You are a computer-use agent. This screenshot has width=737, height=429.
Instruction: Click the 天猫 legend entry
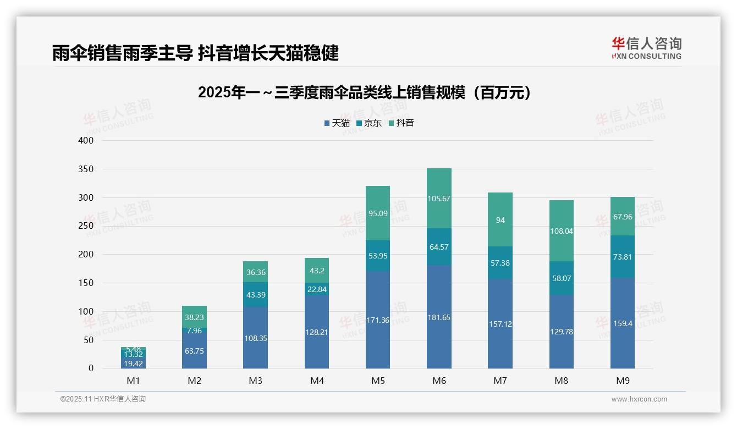point(337,123)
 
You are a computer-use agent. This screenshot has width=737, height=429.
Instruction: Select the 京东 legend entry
point(369,123)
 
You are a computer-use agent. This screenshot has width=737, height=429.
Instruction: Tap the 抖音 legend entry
point(401,123)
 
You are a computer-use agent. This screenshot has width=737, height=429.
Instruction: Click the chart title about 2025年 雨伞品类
point(365,92)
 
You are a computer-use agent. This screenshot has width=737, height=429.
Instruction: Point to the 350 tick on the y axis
point(86,169)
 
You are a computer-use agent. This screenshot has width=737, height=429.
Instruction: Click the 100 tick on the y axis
point(86,311)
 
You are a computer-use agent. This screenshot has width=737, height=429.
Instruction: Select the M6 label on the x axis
point(439,381)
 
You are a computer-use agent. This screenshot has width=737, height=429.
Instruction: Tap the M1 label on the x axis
point(133,381)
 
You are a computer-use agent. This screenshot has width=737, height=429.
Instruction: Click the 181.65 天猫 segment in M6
point(439,317)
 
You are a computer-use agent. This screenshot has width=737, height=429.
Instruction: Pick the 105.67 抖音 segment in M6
point(439,199)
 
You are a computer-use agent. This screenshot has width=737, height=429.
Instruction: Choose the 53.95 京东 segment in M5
point(377,256)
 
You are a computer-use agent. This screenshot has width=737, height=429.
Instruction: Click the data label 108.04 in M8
point(562,231)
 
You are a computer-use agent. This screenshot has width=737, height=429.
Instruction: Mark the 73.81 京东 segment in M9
point(622,256)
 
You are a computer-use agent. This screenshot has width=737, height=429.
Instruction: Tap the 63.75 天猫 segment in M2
point(194,350)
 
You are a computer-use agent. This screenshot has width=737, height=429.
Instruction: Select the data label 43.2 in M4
point(316,271)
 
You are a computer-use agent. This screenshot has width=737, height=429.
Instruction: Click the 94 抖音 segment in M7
point(500,220)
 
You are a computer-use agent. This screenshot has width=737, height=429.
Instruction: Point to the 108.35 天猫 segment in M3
point(255,338)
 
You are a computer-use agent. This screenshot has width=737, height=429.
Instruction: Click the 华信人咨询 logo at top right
point(646,48)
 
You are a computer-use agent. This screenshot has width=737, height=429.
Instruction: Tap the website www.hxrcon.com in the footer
point(639,399)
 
